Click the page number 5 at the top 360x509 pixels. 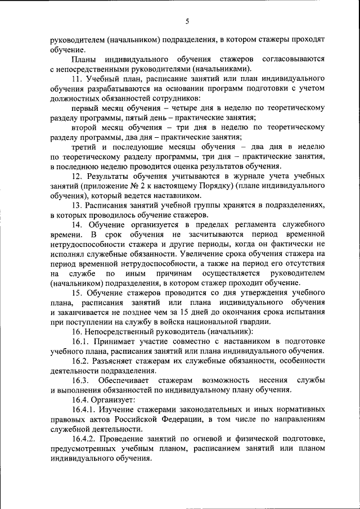(x=187, y=21)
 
